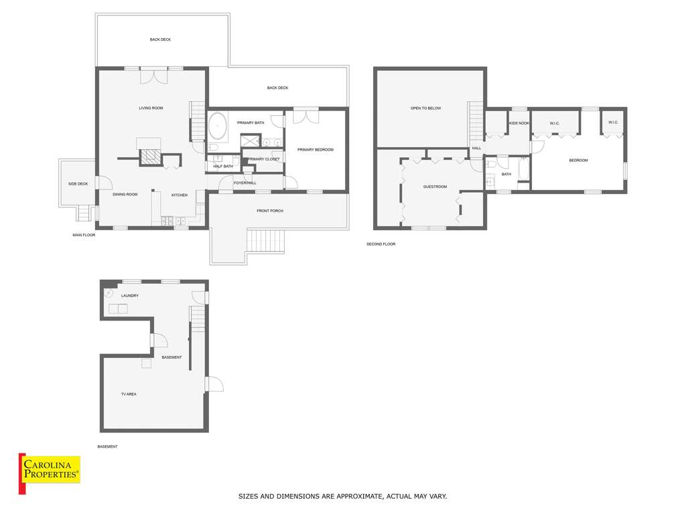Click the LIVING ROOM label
151,108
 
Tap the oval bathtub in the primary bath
218,126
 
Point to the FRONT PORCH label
270,211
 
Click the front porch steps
265,241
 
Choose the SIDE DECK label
78,183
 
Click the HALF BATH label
223,166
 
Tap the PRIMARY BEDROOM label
316,149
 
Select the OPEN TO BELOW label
425,108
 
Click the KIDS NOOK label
519,123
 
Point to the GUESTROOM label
435,187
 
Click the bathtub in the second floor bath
524,169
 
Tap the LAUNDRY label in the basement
130,295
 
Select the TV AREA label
129,394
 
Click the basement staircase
198,319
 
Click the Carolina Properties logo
50,473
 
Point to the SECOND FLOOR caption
381,244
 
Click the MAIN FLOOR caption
84,235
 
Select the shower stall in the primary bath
251,141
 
